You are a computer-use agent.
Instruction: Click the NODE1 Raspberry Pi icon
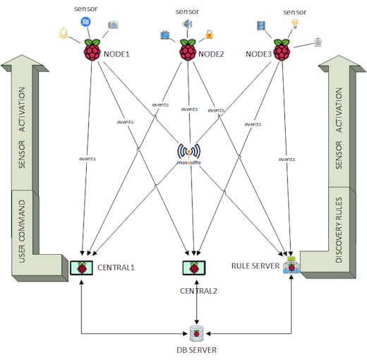click(92, 50)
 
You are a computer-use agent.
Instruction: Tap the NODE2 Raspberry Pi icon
click(188, 50)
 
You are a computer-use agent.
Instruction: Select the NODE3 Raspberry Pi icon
click(282, 50)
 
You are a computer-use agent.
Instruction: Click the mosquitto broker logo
click(189, 154)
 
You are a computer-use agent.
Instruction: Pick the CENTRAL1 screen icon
click(81, 268)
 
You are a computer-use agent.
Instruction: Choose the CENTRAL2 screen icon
click(194, 268)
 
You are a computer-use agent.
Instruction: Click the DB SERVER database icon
click(197, 334)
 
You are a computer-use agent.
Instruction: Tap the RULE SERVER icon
click(291, 265)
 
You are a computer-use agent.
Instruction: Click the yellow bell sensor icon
click(64, 33)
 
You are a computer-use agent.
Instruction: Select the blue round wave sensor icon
click(85, 22)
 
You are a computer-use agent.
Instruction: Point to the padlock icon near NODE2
click(210, 35)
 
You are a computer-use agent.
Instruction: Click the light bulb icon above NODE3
click(295, 24)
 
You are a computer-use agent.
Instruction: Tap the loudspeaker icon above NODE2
click(187, 24)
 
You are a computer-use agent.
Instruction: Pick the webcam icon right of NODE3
click(318, 42)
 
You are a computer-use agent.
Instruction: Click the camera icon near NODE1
click(113, 25)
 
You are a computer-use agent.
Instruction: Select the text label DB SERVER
click(197, 350)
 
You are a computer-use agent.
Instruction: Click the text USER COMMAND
click(22, 231)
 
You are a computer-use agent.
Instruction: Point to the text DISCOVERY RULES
click(339, 230)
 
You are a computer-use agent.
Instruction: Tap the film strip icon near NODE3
click(261, 25)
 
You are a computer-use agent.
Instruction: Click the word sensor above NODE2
click(187, 11)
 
